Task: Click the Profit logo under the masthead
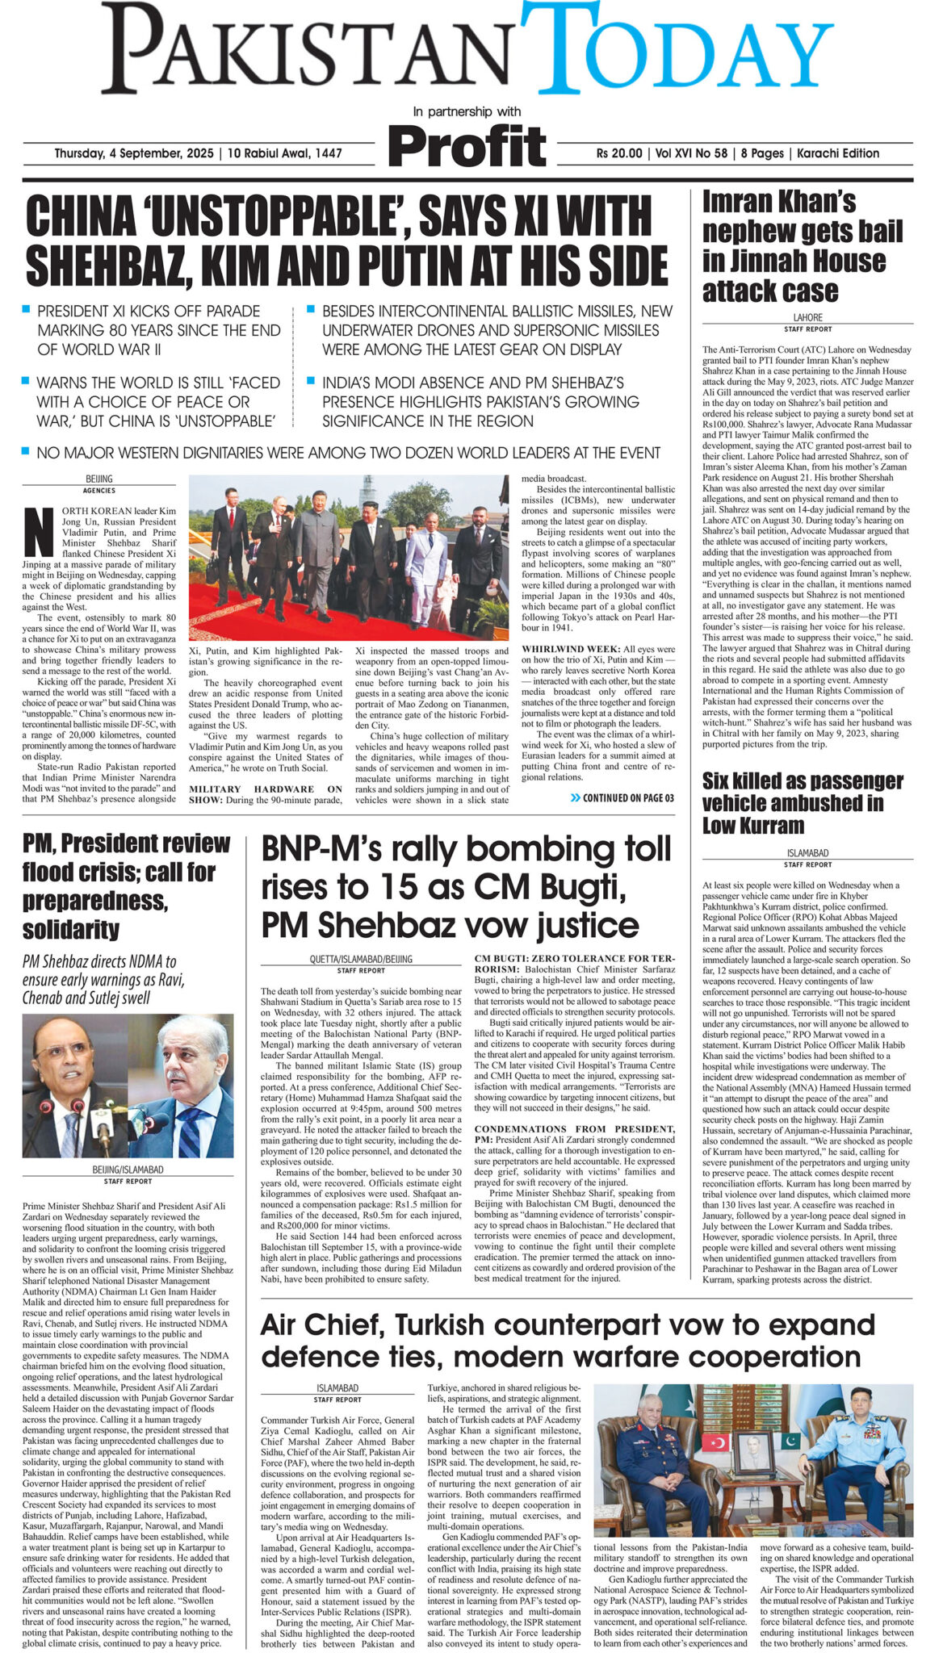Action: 467,147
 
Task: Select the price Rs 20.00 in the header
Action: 619,153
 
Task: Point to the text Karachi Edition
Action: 837,153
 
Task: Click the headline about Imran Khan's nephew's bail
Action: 802,245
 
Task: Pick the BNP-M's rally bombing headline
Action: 466,887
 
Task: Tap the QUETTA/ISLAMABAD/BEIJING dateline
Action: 360,959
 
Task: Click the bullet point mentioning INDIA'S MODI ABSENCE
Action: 481,401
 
